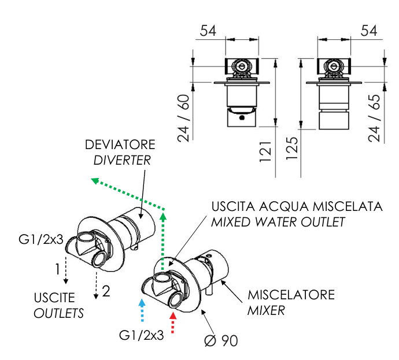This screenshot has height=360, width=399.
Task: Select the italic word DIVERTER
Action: coord(122,160)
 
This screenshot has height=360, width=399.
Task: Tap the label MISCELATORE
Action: coord(291,295)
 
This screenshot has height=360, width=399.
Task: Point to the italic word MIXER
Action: coord(266,310)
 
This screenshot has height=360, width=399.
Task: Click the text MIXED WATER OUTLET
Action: coord(278,221)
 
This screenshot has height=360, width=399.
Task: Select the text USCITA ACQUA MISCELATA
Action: coord(297,206)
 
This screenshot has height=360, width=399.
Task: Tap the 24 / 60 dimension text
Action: coord(184,118)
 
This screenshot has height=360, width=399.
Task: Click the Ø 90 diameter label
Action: coord(220,340)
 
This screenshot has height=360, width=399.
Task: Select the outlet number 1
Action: coord(58,269)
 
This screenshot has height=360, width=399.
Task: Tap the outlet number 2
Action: coord(105,291)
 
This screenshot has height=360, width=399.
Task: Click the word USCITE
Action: coord(54,298)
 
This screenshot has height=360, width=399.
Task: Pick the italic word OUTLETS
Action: coord(58,314)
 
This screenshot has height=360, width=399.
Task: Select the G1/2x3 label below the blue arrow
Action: coord(142,335)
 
